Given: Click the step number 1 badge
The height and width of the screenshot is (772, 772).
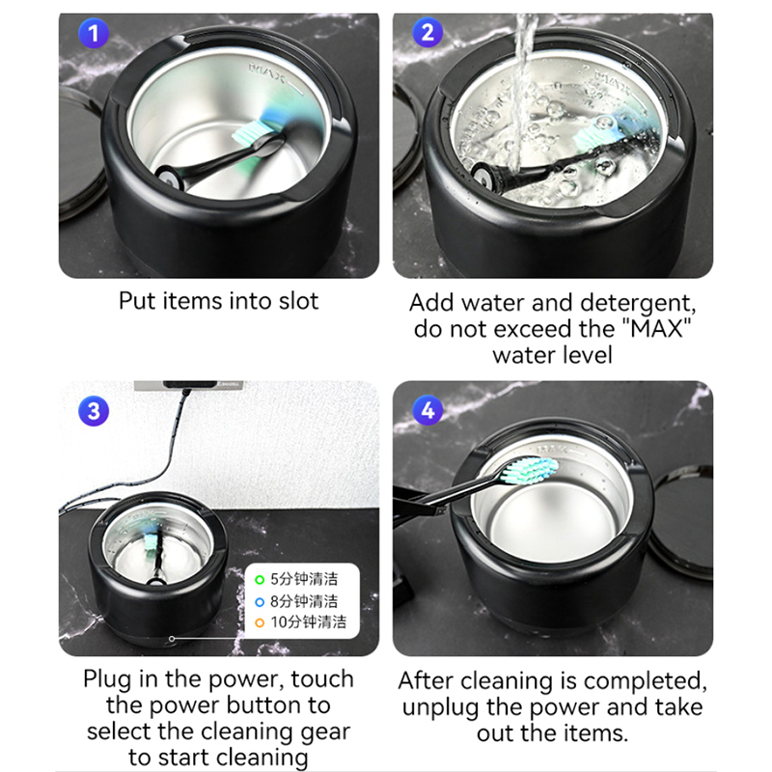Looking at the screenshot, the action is pyautogui.click(x=94, y=34).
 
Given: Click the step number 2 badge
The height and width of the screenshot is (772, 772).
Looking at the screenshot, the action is pyautogui.click(x=427, y=33).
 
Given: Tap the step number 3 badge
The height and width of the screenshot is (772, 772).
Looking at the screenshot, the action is pyautogui.click(x=94, y=411).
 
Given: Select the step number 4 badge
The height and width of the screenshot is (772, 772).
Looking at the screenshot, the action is pyautogui.click(x=427, y=410).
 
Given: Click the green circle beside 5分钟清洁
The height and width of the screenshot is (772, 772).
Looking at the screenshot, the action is pyautogui.click(x=260, y=580).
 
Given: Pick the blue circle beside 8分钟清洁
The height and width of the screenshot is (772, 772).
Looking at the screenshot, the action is pyautogui.click(x=260, y=601).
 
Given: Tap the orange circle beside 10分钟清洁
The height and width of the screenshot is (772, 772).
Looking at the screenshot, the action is pyautogui.click(x=260, y=622).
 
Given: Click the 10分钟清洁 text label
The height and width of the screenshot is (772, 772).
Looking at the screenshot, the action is pyautogui.click(x=308, y=621).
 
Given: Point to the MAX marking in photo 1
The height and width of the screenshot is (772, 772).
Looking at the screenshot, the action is pyautogui.click(x=269, y=73).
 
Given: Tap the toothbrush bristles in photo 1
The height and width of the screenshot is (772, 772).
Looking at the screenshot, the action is pyautogui.click(x=251, y=132).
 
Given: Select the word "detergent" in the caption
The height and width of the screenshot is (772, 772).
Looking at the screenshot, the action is pyautogui.click(x=638, y=304).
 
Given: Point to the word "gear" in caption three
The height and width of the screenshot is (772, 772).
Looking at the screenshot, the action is pyautogui.click(x=325, y=732).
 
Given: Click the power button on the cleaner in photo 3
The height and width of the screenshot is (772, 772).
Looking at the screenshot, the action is pyautogui.click(x=172, y=639).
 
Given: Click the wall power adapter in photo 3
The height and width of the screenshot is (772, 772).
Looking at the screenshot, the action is pyautogui.click(x=190, y=384).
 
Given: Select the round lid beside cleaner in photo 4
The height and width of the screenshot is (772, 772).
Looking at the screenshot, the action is pyautogui.click(x=682, y=522).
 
